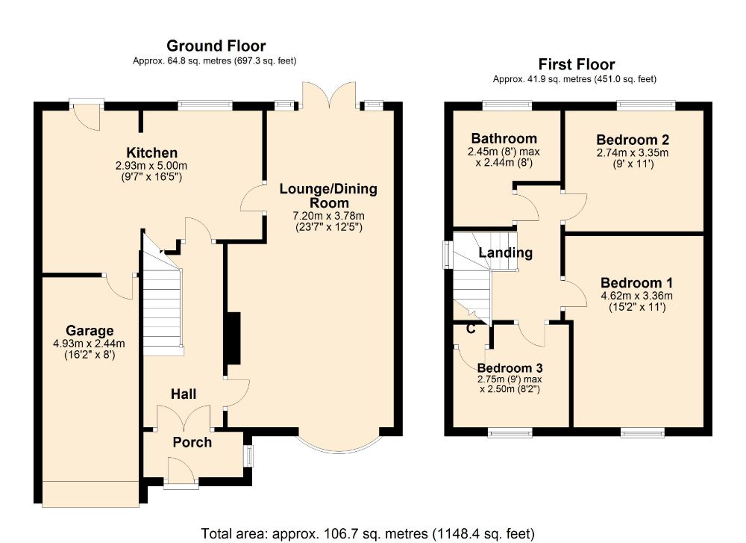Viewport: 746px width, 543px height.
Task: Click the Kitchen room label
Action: coord(151,153)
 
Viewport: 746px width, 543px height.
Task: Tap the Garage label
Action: coord(90,331)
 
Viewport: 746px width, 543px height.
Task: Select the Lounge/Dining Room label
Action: coord(328,196)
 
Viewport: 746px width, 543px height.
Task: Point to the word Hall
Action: coord(184,394)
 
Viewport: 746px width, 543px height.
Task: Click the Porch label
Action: coord(192,442)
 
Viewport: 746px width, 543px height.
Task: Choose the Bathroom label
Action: coord(504,139)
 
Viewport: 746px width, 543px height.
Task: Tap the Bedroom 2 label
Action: coord(633,140)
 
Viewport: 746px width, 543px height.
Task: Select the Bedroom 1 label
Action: coord(636,283)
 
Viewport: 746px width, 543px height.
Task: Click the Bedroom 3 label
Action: coord(510,368)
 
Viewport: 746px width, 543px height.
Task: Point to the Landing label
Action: coord(505,252)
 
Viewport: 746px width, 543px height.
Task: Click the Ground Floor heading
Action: coord(216,46)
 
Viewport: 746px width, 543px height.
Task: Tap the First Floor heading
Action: coord(577,64)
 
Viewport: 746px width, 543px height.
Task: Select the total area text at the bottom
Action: coord(368,533)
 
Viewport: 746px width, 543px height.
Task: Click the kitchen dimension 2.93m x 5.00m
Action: coord(151,166)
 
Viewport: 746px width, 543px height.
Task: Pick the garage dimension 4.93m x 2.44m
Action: coord(90,344)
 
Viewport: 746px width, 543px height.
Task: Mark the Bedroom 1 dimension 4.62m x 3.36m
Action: coord(636,296)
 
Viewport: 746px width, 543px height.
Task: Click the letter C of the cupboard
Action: coord(471,329)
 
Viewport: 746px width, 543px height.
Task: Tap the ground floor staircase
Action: coord(163,300)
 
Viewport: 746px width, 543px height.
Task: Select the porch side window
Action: coord(248,456)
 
